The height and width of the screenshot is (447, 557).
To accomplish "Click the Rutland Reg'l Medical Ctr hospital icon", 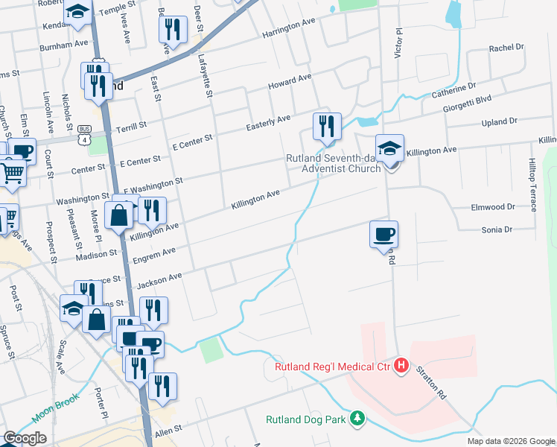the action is click(x=401, y=366).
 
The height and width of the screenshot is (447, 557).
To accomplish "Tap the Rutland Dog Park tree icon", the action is click(x=358, y=419).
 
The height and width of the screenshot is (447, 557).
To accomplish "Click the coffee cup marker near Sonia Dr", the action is click(x=383, y=234).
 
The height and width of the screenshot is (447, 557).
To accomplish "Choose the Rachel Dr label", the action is click(x=506, y=48).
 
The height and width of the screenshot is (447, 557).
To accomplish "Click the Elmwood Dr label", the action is click(x=492, y=206).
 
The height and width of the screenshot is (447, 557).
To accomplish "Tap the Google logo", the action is click(x=25, y=438).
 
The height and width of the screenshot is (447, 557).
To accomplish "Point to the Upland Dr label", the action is click(x=499, y=121).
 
